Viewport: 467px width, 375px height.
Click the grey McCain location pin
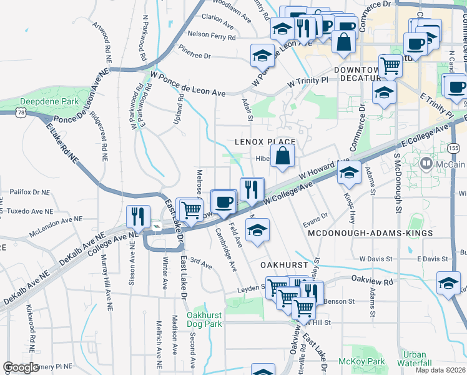[427, 164]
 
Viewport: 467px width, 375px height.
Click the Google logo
[21, 367]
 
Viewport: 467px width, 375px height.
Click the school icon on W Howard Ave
[349, 172]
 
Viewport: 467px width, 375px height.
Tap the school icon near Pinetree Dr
[262, 55]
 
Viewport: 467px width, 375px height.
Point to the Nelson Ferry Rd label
[212, 37]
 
